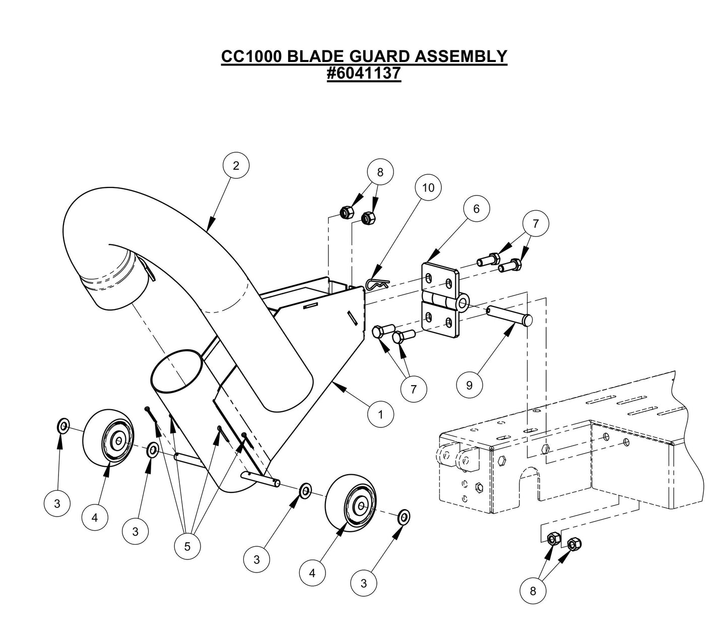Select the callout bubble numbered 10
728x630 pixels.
pos(428,188)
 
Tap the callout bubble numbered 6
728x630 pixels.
pos(476,208)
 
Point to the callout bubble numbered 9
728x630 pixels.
pos(470,385)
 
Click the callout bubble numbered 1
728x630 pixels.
pos(380,414)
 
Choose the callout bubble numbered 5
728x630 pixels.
pos(187,546)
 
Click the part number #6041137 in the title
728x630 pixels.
pos(364,74)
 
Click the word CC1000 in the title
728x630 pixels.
pos(251,56)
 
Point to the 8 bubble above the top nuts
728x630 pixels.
pos(380,172)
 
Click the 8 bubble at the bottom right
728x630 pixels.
pos(533,591)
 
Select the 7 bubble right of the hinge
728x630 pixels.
pos(536,223)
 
